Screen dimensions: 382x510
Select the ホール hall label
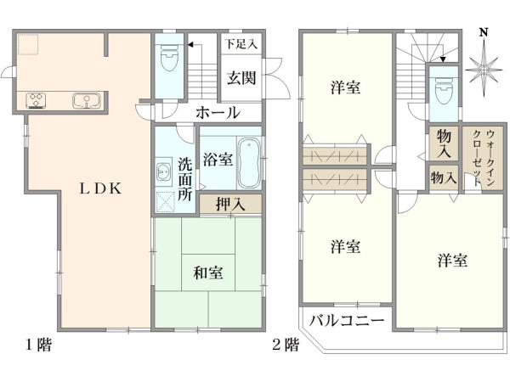(218, 113)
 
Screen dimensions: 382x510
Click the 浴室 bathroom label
(216, 158)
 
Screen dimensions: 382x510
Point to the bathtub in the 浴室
(249, 161)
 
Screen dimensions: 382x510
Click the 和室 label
(207, 272)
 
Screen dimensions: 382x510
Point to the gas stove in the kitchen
(37, 101)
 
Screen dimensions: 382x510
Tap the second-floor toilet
(442, 90)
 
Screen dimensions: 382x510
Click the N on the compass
(483, 33)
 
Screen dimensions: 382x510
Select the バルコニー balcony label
(346, 321)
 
